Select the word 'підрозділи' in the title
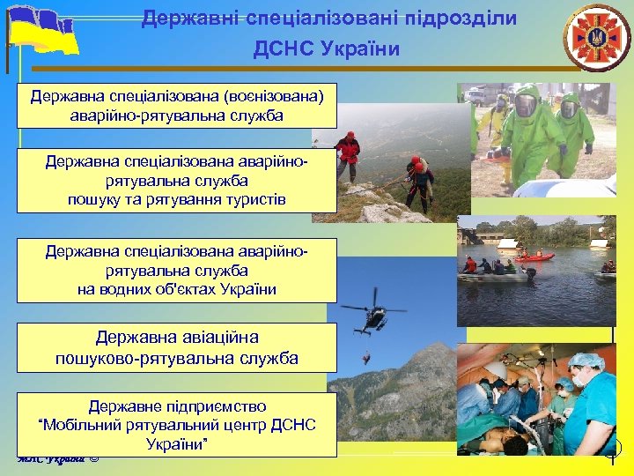[x=467, y=18]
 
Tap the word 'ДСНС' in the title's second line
[x=284, y=48]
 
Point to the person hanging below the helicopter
[x=366, y=358]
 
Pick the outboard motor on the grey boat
[x=529, y=274]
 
